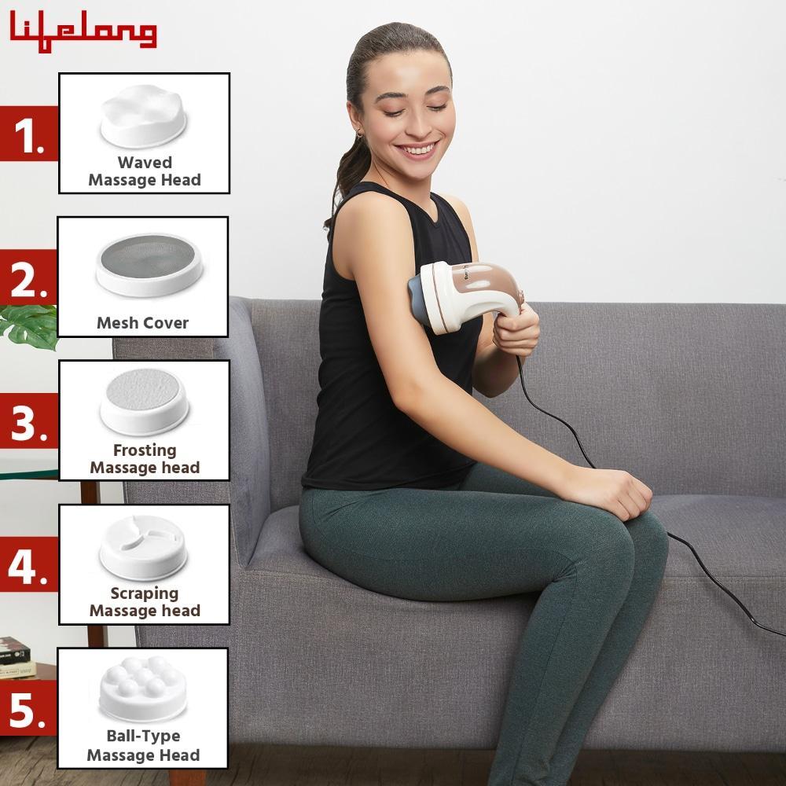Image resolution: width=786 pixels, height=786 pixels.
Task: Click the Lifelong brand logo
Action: (83, 31)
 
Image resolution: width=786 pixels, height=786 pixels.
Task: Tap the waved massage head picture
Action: (143, 116)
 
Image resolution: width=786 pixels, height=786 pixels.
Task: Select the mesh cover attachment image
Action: (149, 265)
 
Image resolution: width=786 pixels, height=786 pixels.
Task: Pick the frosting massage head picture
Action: (144, 402)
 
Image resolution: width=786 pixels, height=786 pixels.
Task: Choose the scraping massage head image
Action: (143, 547)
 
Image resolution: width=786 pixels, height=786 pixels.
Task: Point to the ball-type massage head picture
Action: (143, 689)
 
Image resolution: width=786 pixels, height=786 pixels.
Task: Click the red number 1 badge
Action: (29, 134)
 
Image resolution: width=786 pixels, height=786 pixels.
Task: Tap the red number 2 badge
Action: (28, 277)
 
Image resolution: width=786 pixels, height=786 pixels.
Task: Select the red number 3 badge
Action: (29, 421)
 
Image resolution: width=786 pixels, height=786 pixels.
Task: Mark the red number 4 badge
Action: (29, 564)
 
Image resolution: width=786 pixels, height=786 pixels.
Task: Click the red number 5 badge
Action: (28, 708)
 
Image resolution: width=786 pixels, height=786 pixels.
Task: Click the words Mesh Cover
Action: (143, 323)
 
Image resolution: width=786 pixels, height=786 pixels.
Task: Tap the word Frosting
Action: (145, 450)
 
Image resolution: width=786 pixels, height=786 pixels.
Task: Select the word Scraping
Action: (145, 593)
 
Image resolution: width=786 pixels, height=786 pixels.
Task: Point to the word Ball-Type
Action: (143, 736)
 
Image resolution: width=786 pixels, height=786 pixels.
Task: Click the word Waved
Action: (145, 163)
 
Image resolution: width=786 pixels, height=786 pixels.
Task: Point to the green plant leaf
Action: (29, 327)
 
